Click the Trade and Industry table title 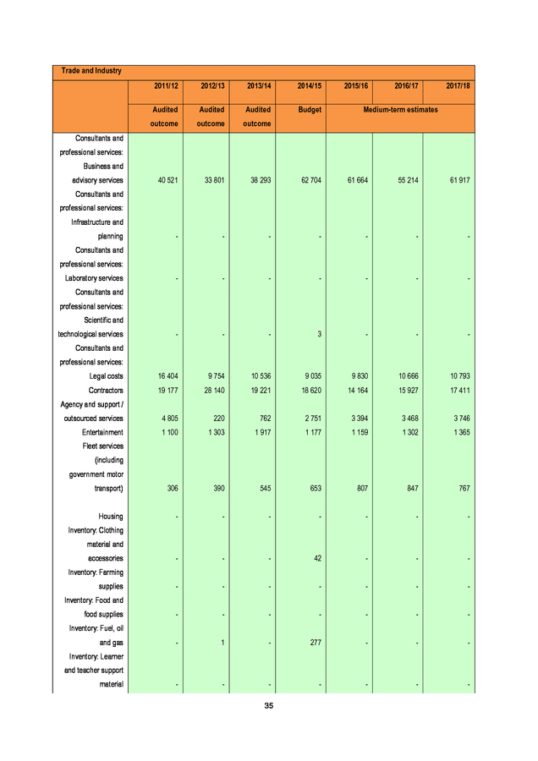point(86,70)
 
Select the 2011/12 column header point(165,87)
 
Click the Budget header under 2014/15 point(310,109)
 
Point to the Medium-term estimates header point(400,109)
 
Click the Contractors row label point(106,390)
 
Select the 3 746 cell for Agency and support point(458,418)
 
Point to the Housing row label point(111,516)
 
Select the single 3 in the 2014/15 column point(320,334)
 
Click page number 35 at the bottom point(268,705)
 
